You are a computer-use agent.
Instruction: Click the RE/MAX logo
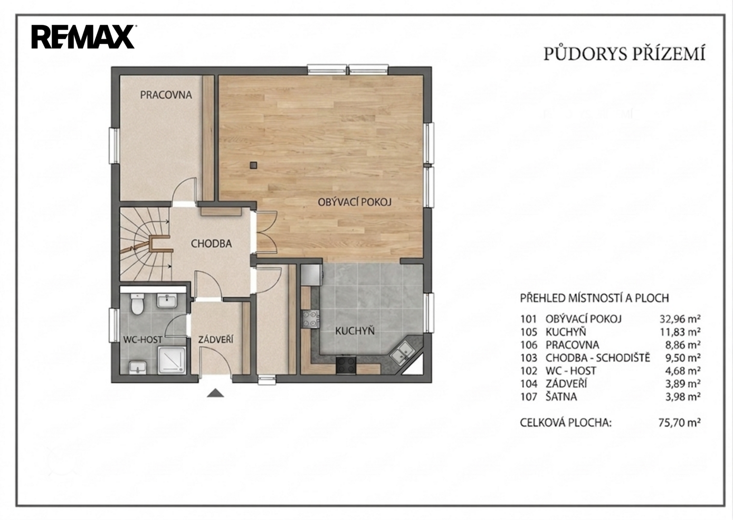(83, 37)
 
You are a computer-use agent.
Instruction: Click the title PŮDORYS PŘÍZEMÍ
(624, 54)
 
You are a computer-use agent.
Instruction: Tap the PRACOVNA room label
(166, 95)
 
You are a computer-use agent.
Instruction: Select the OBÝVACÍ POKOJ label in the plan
(355, 202)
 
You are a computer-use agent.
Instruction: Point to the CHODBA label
(211, 244)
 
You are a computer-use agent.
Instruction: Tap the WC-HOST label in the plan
(142, 339)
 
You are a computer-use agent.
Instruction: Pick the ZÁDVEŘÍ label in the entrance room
(216, 339)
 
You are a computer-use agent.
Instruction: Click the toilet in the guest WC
(137, 304)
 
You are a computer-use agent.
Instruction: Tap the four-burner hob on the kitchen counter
(310, 319)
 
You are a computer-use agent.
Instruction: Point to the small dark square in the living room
(253, 165)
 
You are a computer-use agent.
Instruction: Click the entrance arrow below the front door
(215, 393)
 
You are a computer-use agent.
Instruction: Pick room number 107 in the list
(528, 397)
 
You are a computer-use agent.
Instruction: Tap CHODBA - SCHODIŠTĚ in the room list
(598, 358)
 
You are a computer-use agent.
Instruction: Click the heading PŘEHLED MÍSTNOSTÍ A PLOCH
(594, 298)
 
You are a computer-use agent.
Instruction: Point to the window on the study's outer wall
(114, 145)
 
